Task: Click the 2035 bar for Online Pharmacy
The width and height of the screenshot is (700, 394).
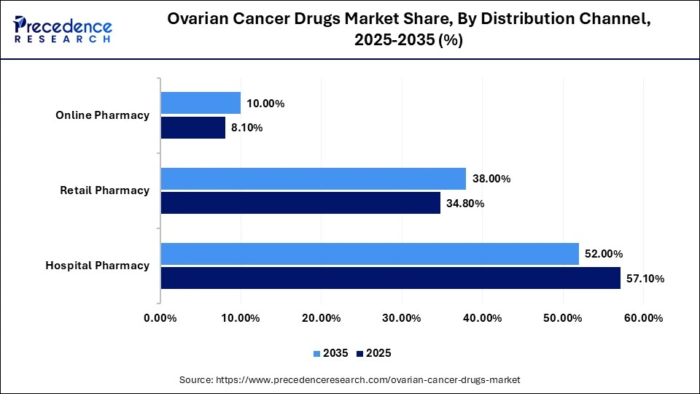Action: (201, 103)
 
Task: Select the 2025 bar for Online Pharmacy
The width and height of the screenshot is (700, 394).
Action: (192, 128)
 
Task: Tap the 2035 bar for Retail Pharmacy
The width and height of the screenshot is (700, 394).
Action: (313, 179)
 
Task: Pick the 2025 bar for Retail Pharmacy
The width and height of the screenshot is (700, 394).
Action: (300, 203)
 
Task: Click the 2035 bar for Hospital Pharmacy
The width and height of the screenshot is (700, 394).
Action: (370, 254)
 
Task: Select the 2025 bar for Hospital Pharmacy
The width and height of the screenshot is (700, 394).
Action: (390, 278)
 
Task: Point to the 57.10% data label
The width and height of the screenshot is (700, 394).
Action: (645, 278)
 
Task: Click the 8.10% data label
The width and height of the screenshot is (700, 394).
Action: (246, 128)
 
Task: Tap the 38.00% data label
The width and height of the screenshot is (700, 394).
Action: (491, 179)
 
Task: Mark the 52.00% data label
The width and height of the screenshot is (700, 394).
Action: (603, 254)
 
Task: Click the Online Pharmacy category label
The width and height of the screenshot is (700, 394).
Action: (103, 115)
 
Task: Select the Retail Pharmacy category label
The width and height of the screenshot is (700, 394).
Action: (105, 190)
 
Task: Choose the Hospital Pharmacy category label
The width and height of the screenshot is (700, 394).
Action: (98, 266)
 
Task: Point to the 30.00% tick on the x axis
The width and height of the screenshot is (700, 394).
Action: (401, 317)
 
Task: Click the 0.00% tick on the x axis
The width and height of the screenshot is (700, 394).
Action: (160, 317)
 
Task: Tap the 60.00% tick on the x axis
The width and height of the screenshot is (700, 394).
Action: (642, 317)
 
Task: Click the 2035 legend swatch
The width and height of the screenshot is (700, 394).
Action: (317, 353)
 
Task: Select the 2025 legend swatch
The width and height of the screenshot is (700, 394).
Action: (360, 353)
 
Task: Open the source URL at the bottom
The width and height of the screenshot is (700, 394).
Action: (350, 380)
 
